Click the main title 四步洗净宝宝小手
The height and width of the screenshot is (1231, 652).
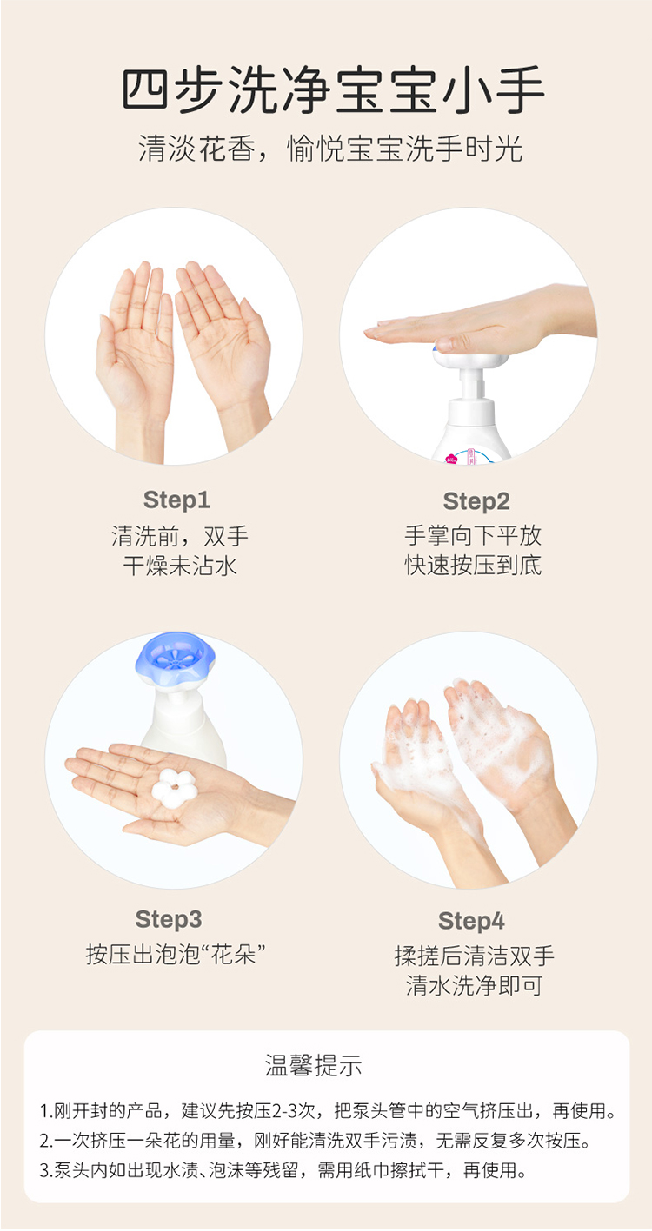pyautogui.click(x=333, y=90)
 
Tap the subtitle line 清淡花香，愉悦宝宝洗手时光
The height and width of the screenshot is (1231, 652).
pyautogui.click(x=329, y=149)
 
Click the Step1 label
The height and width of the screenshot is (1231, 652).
pyautogui.click(x=176, y=500)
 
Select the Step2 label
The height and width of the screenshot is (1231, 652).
pyautogui.click(x=476, y=502)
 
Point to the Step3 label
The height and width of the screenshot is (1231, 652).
pyautogui.click(x=169, y=919)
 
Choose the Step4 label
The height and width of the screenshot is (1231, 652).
pyautogui.click(x=471, y=921)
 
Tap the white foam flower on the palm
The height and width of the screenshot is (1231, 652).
pyautogui.click(x=174, y=788)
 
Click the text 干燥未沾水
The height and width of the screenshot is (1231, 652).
pyautogui.click(x=180, y=566)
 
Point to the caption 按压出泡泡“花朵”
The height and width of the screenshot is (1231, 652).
pyautogui.click(x=176, y=954)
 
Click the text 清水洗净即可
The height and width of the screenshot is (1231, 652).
pyautogui.click(x=474, y=986)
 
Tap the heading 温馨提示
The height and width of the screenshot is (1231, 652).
pyautogui.click(x=313, y=1065)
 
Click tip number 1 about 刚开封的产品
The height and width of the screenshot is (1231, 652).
pyautogui.click(x=328, y=1110)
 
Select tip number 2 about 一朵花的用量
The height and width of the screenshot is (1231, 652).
pyautogui.click(x=315, y=1141)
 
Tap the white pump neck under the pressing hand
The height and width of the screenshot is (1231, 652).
pyautogui.click(x=471, y=383)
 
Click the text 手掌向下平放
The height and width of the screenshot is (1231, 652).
pyautogui.click(x=473, y=535)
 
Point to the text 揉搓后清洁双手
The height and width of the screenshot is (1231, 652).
pyautogui.click(x=474, y=956)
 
